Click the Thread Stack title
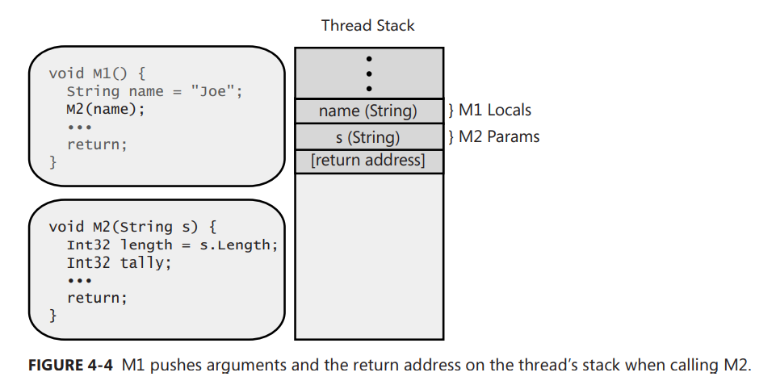368,25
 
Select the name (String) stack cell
368,111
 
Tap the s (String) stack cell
368,136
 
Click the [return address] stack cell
368,160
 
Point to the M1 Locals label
495,111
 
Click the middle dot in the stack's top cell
369,73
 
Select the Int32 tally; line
119,262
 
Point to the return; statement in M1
97,145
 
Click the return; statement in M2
97,298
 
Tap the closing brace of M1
53,162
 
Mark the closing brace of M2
53,315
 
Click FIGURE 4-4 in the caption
72,366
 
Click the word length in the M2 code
146,244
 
